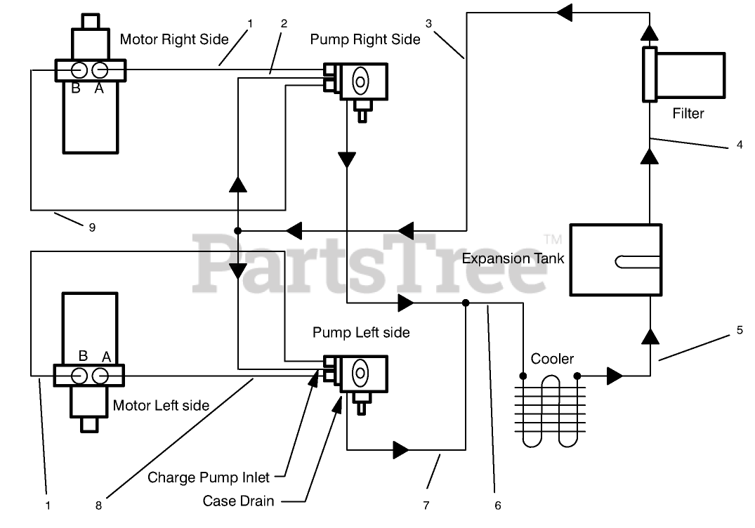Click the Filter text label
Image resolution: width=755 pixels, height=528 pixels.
[x=688, y=114]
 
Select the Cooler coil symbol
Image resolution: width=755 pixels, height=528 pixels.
[x=550, y=411]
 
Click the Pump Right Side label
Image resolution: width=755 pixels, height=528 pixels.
[x=365, y=39]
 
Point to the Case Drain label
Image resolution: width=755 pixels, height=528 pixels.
[x=238, y=501]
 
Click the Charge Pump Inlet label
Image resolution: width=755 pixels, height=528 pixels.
[x=209, y=477]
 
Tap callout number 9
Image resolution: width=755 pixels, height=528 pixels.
[x=93, y=227]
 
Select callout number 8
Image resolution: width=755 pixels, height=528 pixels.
[x=99, y=506]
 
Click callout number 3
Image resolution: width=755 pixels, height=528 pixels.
[x=428, y=24]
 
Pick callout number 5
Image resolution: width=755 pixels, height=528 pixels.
[x=740, y=330]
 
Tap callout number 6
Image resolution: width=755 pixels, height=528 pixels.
[x=498, y=506]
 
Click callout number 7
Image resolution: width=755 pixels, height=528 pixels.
[x=426, y=506]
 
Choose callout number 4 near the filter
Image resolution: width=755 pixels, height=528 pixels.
[x=740, y=145]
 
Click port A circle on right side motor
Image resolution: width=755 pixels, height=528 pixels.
[x=100, y=71]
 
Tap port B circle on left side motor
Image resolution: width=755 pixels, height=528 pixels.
[x=79, y=376]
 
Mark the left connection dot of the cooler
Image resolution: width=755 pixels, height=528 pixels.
[x=523, y=376]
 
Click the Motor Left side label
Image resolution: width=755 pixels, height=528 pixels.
[x=162, y=406]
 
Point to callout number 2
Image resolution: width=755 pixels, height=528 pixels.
[x=284, y=24]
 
